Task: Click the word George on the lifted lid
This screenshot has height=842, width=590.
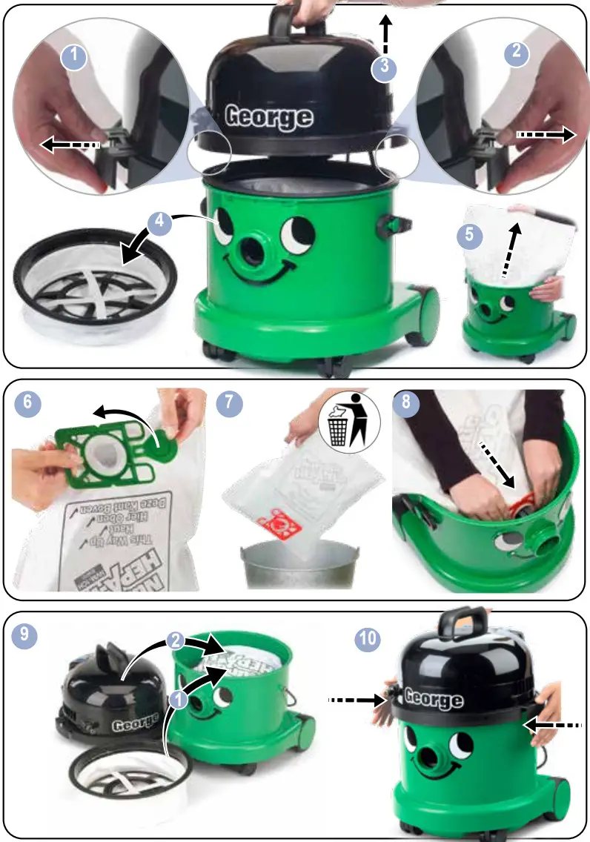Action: pos(268,116)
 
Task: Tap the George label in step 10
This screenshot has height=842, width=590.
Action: pos(434,699)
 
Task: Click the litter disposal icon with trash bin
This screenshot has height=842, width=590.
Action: pos(348,420)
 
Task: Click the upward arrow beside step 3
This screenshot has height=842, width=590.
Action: pos(385,31)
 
